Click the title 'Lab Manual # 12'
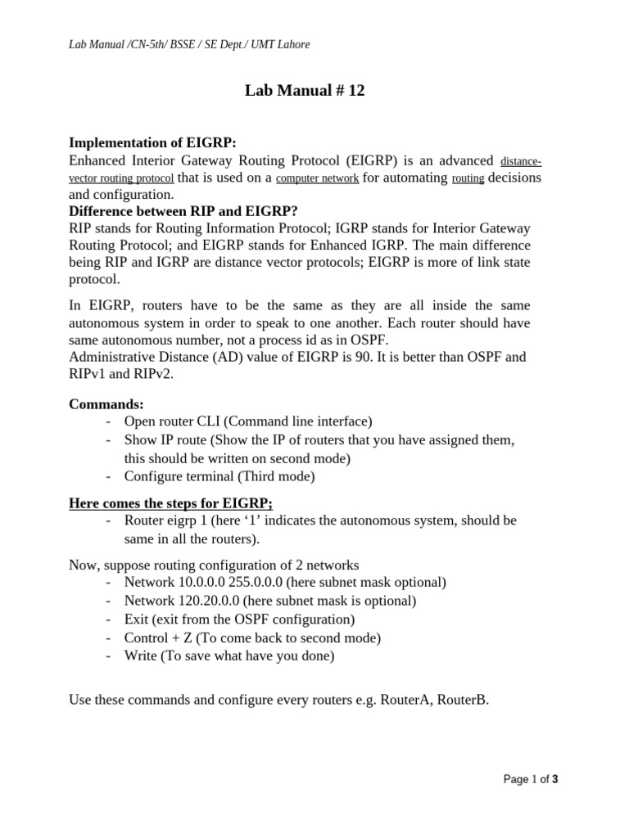[x=304, y=91]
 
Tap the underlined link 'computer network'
[x=317, y=178]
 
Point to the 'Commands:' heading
[x=106, y=403]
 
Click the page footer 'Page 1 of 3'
[x=531, y=780]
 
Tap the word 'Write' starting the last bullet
[x=140, y=655]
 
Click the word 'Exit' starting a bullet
[x=136, y=619]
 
